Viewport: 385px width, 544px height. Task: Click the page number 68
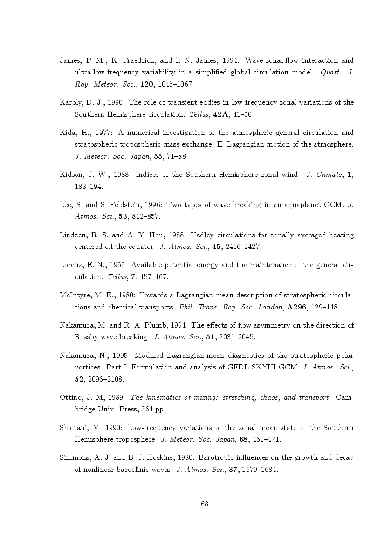pyautogui.click(x=204, y=504)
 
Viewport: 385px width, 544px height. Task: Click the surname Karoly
pyautogui.click(x=71, y=103)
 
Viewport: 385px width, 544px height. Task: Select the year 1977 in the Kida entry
pyautogui.click(x=99, y=133)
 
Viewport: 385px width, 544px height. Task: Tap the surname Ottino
pyautogui.click(x=71, y=398)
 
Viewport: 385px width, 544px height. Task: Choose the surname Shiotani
pyautogui.click(x=74, y=428)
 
